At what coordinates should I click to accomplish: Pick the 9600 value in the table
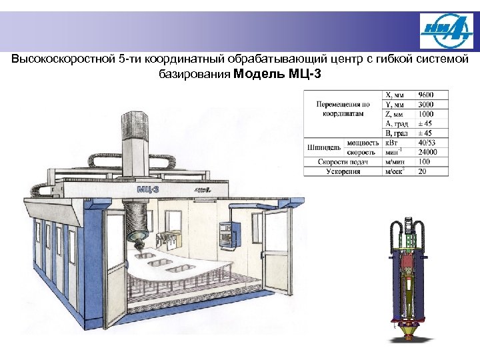tap(427, 95)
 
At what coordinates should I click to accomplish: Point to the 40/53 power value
tap(427, 143)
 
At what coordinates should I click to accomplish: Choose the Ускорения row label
tap(343, 171)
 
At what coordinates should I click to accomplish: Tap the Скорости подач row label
tap(343, 162)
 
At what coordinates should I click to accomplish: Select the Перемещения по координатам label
tap(343, 109)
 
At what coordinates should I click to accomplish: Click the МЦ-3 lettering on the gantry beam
tap(148, 189)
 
